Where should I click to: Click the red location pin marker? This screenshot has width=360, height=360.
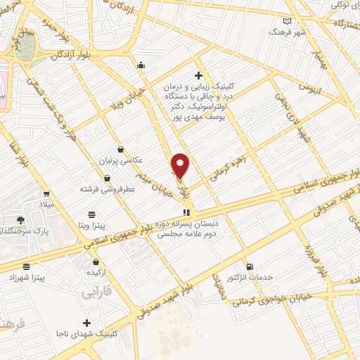click(x=181, y=166)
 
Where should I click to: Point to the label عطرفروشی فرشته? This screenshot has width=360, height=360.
click(x=107, y=189)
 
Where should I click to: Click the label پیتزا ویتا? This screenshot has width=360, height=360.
click(x=91, y=226)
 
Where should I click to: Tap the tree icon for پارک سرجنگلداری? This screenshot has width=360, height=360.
click(x=21, y=219)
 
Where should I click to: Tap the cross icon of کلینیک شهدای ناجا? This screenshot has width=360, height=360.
click(x=86, y=323)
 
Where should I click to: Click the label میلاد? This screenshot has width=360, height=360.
click(x=46, y=204)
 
